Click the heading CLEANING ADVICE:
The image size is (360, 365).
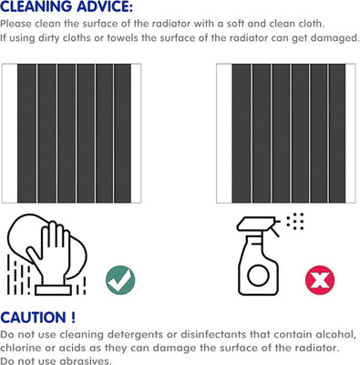(x=67, y=6)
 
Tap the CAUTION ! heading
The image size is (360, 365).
(x=37, y=318)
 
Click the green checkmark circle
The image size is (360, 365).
(x=120, y=280)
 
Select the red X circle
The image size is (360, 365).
(x=320, y=280)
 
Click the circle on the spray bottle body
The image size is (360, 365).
(x=258, y=276)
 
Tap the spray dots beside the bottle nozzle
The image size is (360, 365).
(x=295, y=222)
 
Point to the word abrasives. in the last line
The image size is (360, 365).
(x=86, y=360)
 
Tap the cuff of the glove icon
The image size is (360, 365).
(x=53, y=290)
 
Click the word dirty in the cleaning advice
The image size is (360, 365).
(x=49, y=38)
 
